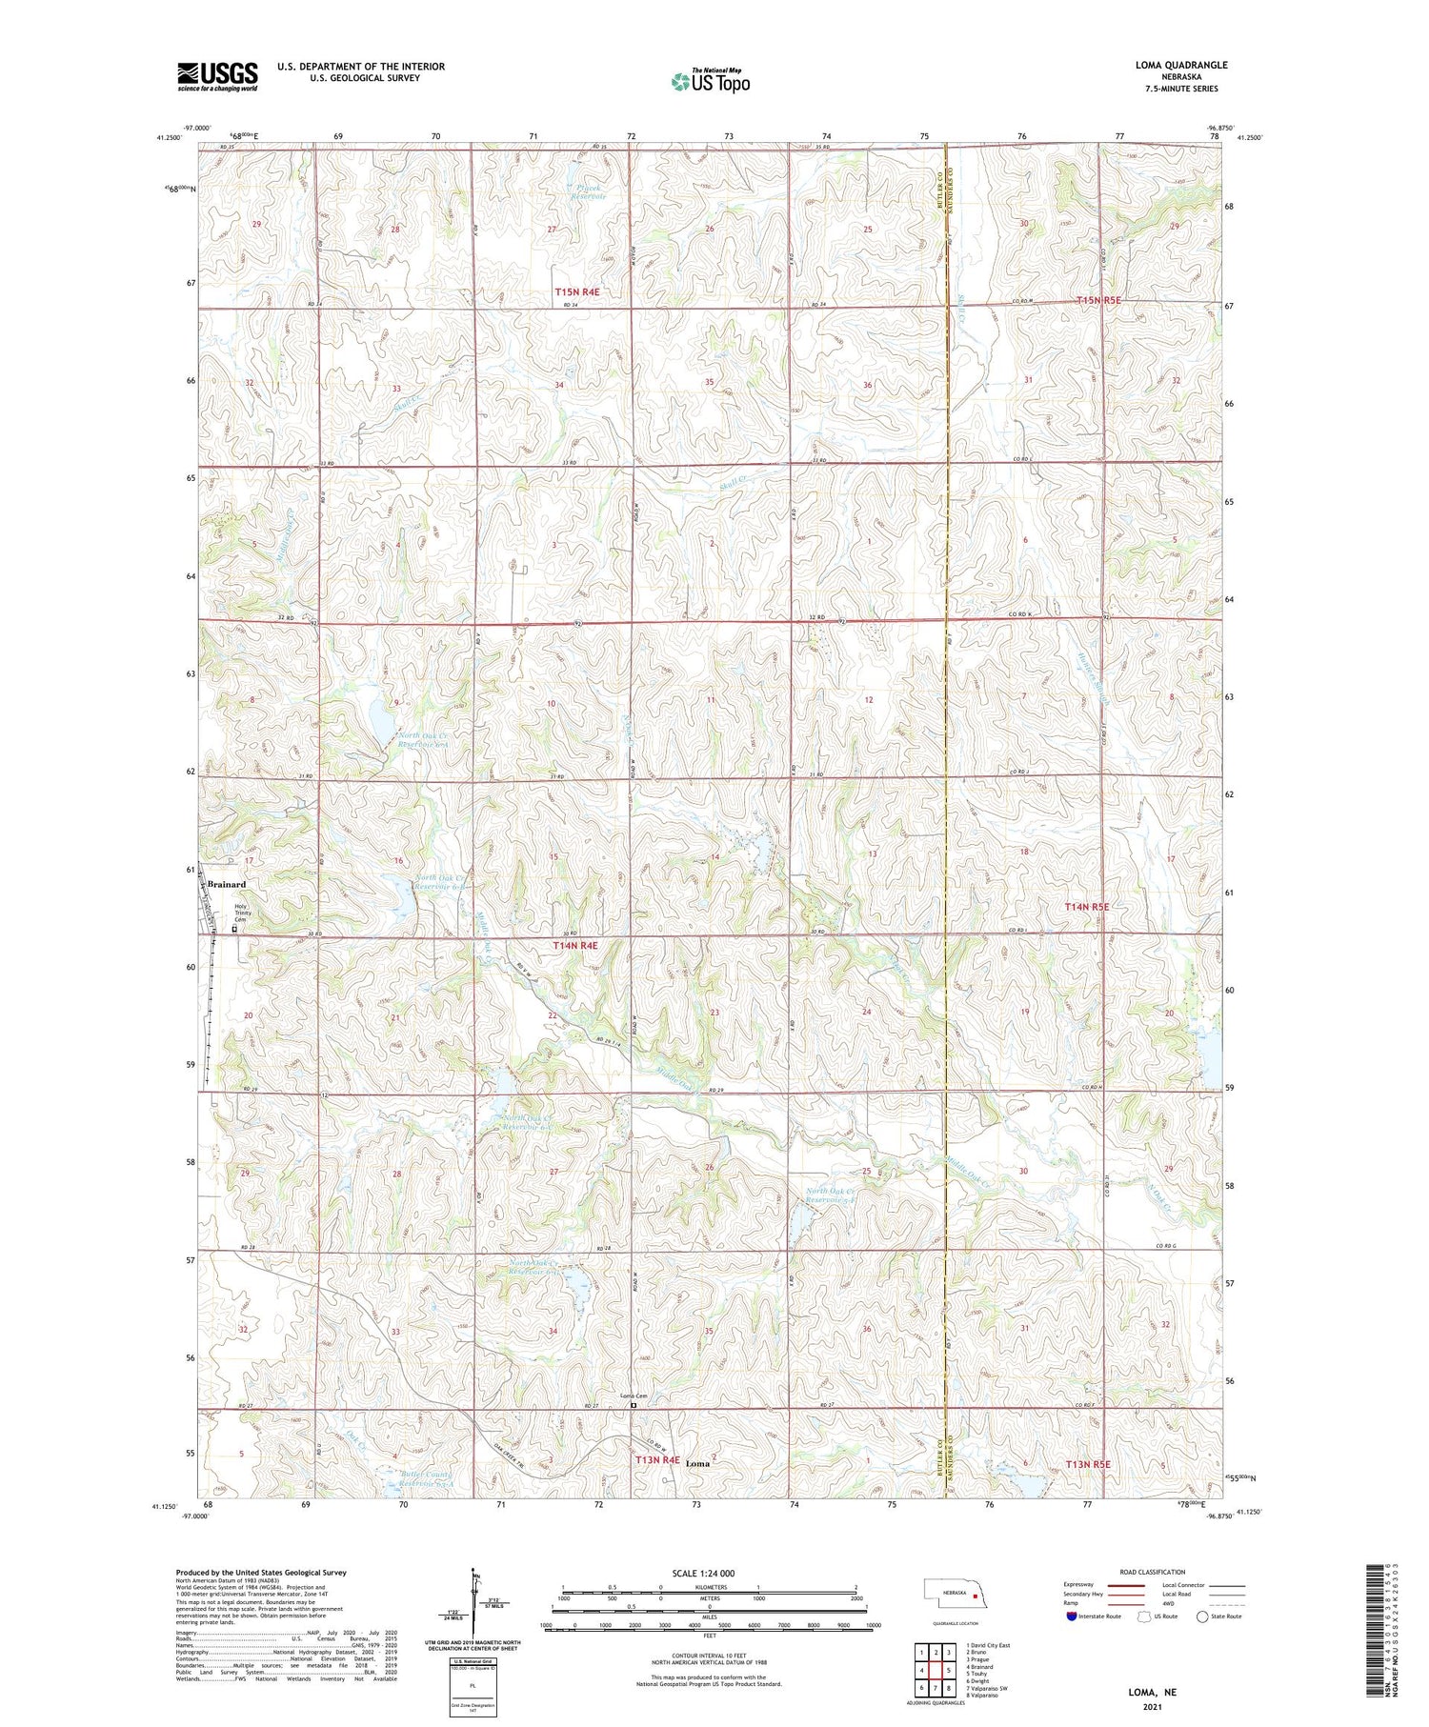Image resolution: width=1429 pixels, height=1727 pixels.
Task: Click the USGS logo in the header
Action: [x=217, y=76]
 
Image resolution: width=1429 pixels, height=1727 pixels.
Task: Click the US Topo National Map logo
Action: [x=710, y=81]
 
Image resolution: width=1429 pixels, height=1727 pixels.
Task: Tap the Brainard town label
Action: [x=227, y=885]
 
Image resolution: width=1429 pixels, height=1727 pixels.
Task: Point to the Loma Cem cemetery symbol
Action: [x=633, y=1403]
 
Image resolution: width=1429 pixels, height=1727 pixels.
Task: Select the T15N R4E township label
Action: [x=577, y=292]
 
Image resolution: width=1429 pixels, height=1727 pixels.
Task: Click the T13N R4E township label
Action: [x=658, y=1459]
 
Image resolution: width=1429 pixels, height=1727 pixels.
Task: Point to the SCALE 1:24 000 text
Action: [x=703, y=1574]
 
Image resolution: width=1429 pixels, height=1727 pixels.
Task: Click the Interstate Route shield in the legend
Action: [x=1072, y=1617]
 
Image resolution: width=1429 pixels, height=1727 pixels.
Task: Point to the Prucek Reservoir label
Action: [x=588, y=191]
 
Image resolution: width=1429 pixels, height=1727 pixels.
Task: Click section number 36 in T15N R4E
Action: [x=867, y=385]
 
